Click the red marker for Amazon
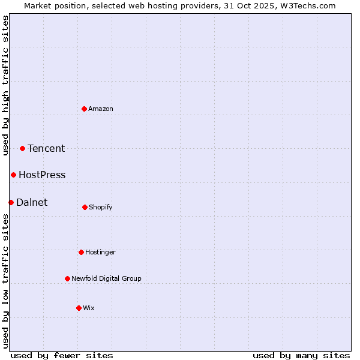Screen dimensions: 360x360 tap(85, 109)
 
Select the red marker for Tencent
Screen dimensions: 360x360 tap(23, 148)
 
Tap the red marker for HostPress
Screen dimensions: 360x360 tap(13, 175)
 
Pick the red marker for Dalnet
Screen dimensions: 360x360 tap(11, 202)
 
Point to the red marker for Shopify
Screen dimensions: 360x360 tap(85, 207)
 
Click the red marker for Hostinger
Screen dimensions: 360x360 tap(81, 252)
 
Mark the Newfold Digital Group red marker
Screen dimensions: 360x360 tap(67, 278)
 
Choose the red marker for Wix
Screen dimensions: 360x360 tap(79, 308)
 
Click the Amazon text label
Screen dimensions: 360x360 tap(101, 109)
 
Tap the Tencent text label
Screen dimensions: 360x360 tap(46, 148)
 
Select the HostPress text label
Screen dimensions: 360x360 tap(42, 175)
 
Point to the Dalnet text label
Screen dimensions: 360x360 tap(32, 202)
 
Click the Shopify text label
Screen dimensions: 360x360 tap(101, 207)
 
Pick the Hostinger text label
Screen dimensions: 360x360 tap(100, 252)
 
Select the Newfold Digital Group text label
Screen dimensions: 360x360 tap(106, 278)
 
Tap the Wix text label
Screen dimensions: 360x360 tap(89, 308)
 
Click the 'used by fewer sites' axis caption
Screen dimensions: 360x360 tap(62, 355)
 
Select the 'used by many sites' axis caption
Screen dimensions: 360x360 tap(301, 355)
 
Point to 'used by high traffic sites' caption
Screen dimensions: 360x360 tap(5, 85)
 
